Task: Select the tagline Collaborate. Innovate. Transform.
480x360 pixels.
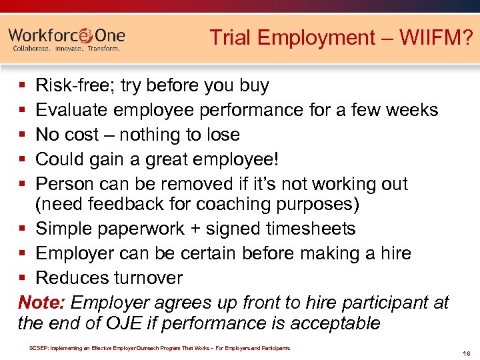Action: [67, 49]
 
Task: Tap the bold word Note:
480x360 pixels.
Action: [41, 302]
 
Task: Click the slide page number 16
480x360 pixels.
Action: [466, 353]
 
